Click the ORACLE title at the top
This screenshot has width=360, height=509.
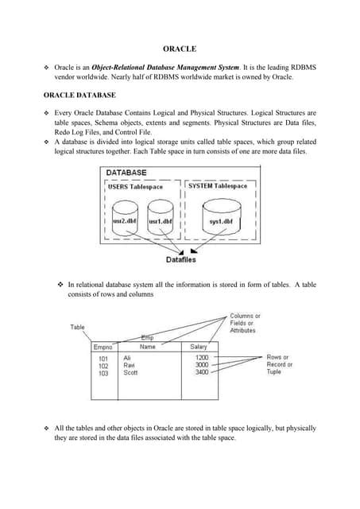point(180,49)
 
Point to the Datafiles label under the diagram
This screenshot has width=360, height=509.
point(181,259)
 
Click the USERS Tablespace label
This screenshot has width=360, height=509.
point(141,186)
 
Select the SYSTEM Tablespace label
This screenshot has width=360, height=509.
point(218,186)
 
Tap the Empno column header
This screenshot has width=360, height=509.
point(103,347)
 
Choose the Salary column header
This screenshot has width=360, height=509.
point(199,347)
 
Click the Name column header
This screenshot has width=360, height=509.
point(148,347)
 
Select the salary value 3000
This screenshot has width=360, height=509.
point(202,365)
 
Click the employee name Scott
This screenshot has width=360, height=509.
point(131,372)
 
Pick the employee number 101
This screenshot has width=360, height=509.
point(103,359)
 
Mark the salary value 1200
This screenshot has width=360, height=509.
point(202,358)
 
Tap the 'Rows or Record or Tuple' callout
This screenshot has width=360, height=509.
point(278,364)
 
